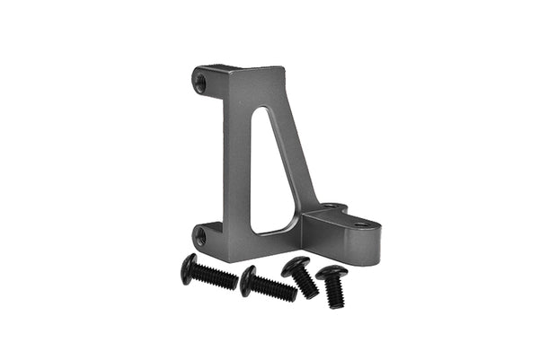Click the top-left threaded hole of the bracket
[200, 83]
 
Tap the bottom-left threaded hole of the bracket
[199, 237]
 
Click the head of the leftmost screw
[189, 268]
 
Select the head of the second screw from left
[248, 280]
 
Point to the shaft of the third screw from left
[307, 285]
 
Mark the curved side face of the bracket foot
[346, 244]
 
